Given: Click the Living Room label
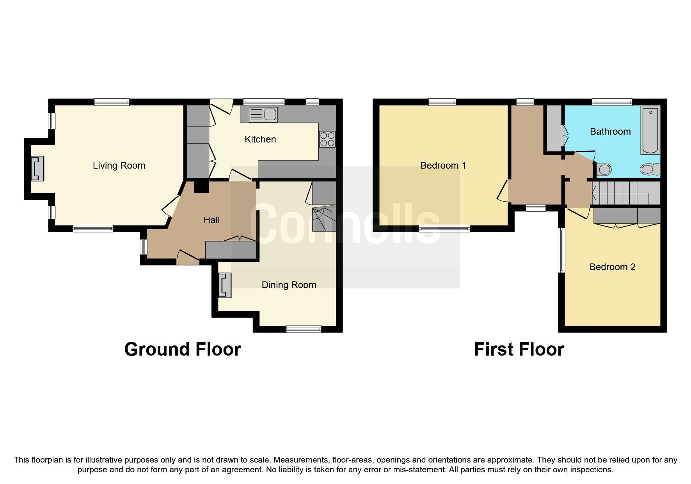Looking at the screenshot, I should pyautogui.click(x=119, y=165).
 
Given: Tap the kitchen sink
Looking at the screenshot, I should pyautogui.click(x=263, y=115).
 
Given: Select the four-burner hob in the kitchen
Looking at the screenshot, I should pyautogui.click(x=327, y=139).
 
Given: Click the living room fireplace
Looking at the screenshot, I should pyautogui.click(x=37, y=169).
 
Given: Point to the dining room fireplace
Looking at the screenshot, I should pyautogui.click(x=225, y=285).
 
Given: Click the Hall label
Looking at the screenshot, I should pyautogui.click(x=211, y=220).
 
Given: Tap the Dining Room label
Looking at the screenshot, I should pyautogui.click(x=289, y=285).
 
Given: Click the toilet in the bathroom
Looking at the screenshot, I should pyautogui.click(x=649, y=169).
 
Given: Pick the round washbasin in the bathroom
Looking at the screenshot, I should pyautogui.click(x=604, y=170).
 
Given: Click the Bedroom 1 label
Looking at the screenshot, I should pyautogui.click(x=443, y=165).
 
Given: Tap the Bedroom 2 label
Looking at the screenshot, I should pyautogui.click(x=612, y=267).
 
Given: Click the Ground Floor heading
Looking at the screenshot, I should pyautogui.click(x=182, y=349).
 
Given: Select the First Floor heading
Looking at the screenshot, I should pyautogui.click(x=519, y=349).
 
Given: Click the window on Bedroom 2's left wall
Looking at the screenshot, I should pyautogui.click(x=561, y=250).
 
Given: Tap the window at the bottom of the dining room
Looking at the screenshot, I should pyautogui.click(x=304, y=329).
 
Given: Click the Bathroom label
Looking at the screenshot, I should pyautogui.click(x=610, y=132).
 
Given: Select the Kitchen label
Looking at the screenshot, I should pyautogui.click(x=260, y=139).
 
